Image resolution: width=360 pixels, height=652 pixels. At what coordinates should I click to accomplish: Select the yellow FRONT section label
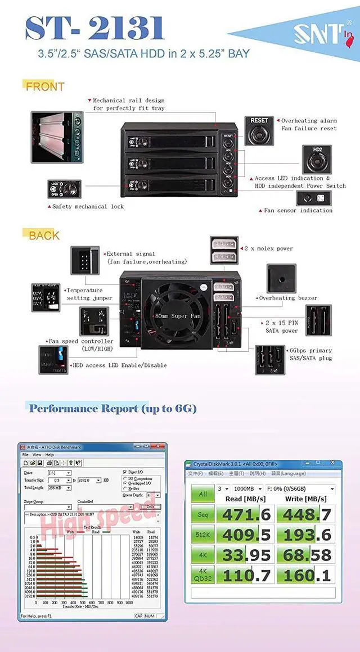(45, 87)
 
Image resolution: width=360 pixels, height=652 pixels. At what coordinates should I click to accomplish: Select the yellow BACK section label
(44, 236)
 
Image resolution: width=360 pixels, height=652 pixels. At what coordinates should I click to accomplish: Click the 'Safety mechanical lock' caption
(88, 207)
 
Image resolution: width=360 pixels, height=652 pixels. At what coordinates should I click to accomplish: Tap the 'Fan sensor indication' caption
(298, 211)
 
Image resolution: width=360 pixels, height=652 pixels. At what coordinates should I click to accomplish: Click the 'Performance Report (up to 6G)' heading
(112, 409)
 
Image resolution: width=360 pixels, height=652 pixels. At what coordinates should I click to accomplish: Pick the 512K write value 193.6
(308, 534)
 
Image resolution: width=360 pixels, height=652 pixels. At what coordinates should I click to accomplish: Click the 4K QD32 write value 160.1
(308, 574)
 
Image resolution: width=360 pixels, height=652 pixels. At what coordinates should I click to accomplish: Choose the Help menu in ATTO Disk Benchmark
(50, 455)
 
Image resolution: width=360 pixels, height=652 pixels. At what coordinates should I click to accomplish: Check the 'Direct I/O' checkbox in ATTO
(125, 472)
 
